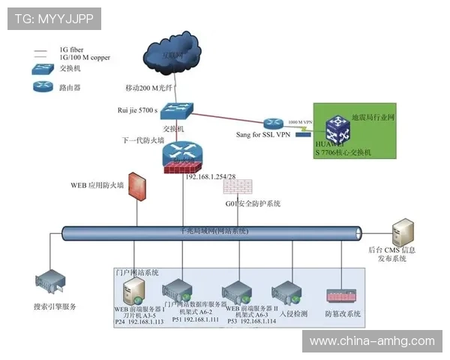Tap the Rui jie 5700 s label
137,110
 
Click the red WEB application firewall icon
136,187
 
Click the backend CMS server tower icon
403,232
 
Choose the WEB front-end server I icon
134,288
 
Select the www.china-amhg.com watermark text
372,341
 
